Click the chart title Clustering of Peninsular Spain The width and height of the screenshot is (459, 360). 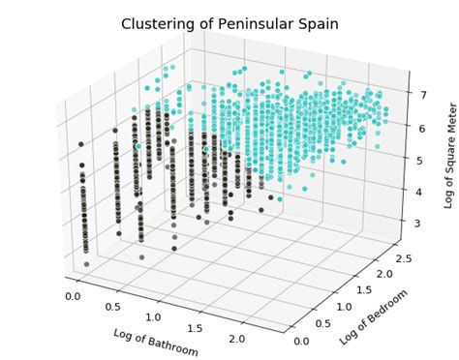tap(229, 23)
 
